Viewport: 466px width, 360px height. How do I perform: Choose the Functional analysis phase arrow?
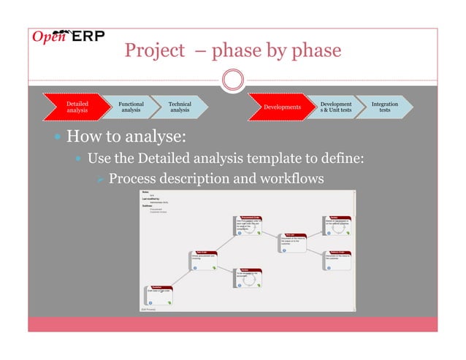tap(131, 107)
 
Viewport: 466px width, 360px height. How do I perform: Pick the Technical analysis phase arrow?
tap(179, 107)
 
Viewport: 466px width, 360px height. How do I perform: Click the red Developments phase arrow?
tap(281, 107)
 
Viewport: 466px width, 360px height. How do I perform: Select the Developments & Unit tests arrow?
tap(335, 107)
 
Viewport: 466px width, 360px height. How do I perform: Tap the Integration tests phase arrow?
tap(384, 107)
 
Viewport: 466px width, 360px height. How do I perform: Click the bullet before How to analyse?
tap(58, 137)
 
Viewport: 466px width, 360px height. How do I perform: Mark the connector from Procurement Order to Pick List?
tap(270, 234)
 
